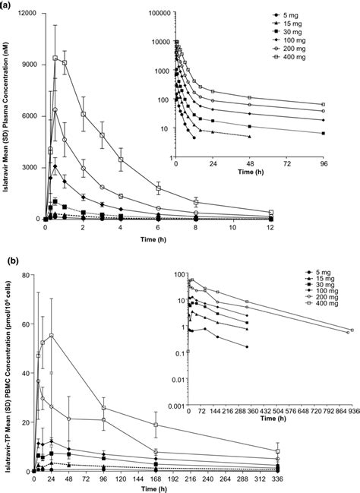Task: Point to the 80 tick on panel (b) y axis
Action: (26, 275)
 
